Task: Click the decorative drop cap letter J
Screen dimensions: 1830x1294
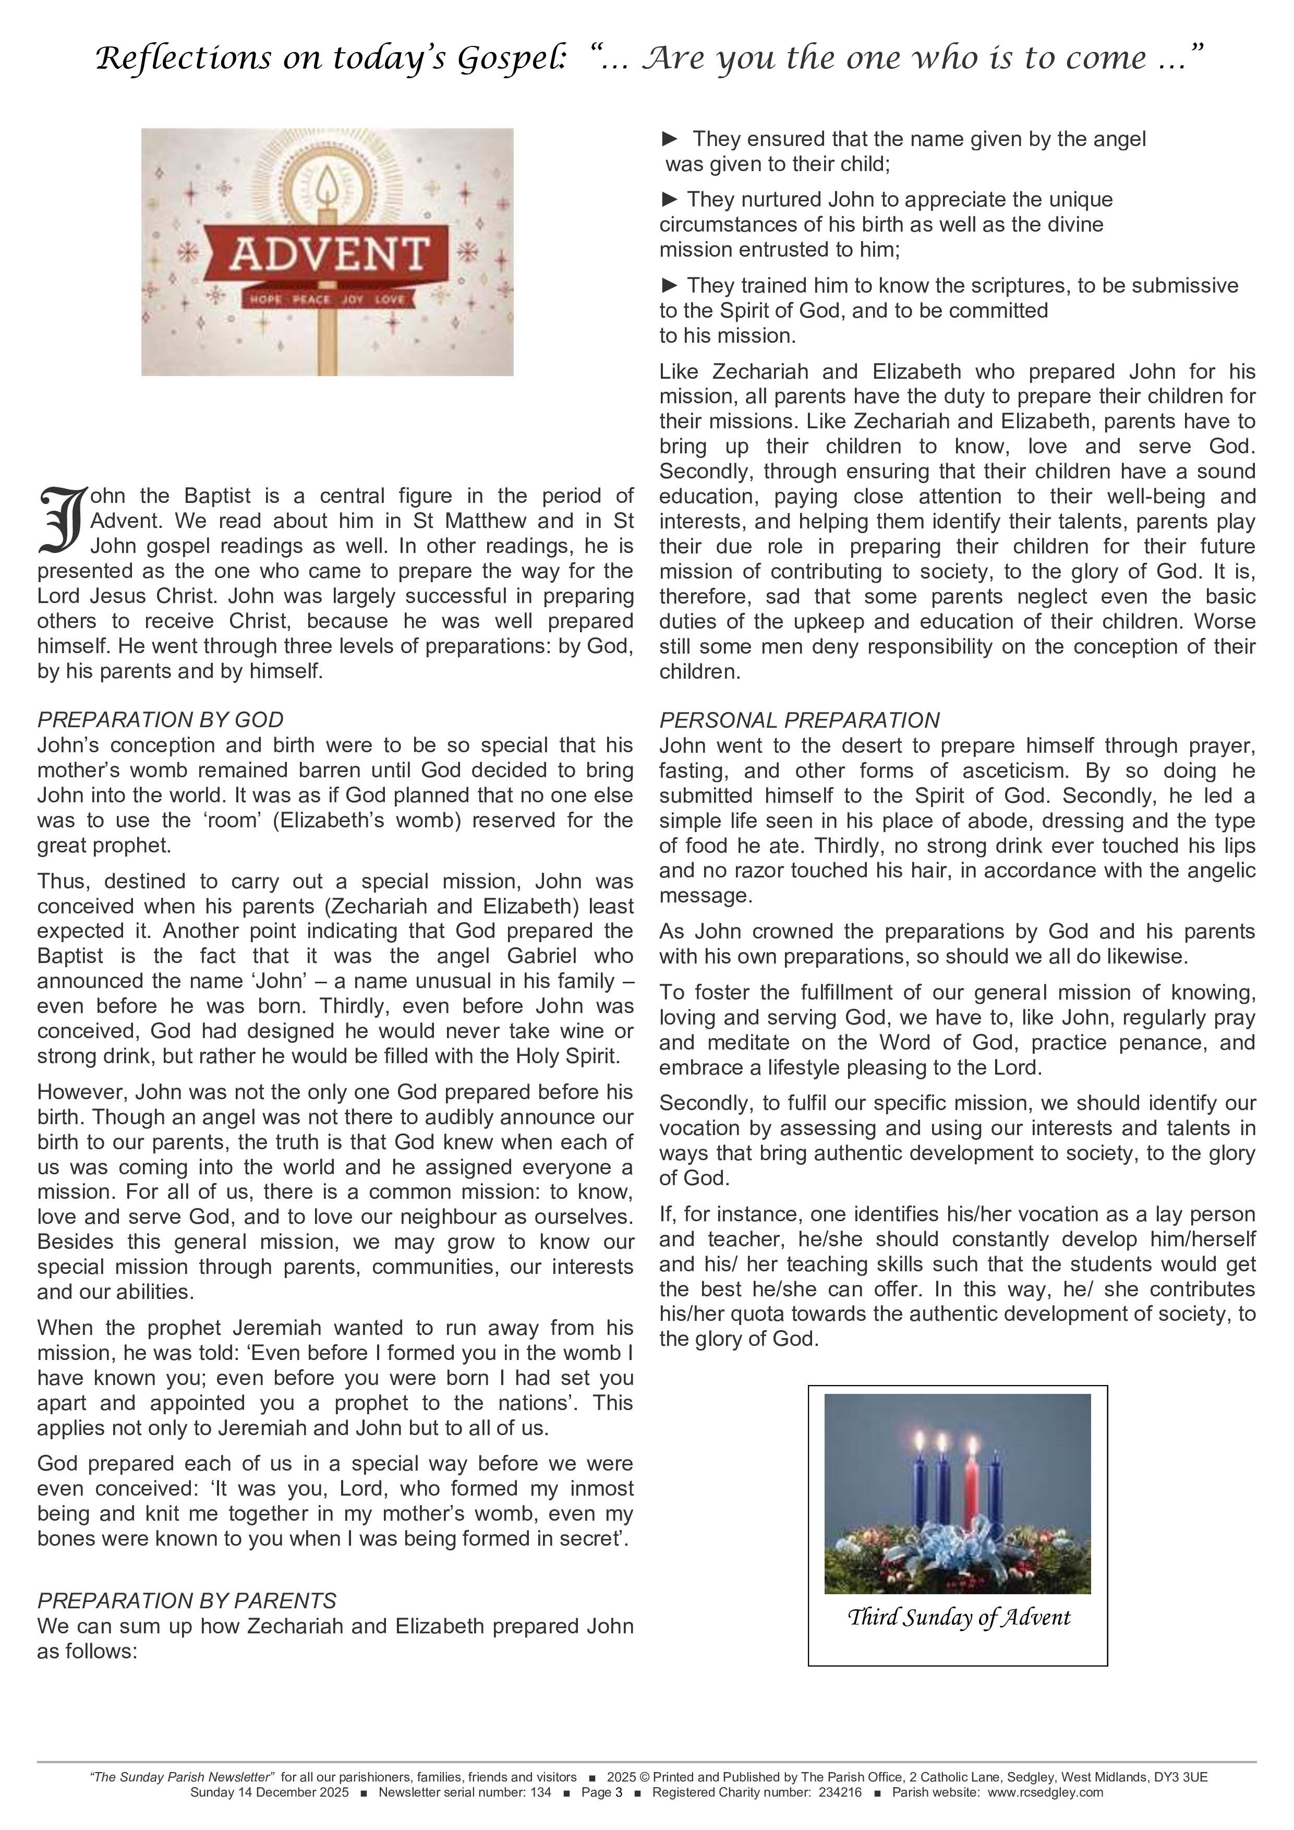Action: [x=61, y=520]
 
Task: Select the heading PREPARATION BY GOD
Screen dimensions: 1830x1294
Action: [x=160, y=720]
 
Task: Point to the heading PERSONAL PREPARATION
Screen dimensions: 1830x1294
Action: [x=799, y=720]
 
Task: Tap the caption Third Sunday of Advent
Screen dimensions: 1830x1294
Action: [x=958, y=1617]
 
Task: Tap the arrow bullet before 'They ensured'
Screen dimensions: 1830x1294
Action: [x=670, y=139]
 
